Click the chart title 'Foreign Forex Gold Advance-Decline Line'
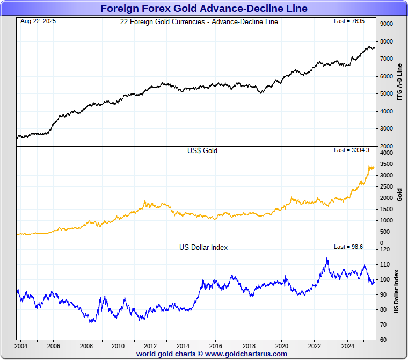click(203, 8)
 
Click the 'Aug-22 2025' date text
click(38, 21)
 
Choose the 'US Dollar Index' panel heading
click(203, 247)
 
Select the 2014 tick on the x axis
click(183, 345)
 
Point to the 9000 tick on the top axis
click(386, 24)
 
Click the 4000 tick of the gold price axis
click(386, 153)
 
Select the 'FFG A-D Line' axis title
click(399, 82)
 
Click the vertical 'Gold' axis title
click(399, 194)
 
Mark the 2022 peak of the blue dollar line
click(327, 258)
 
